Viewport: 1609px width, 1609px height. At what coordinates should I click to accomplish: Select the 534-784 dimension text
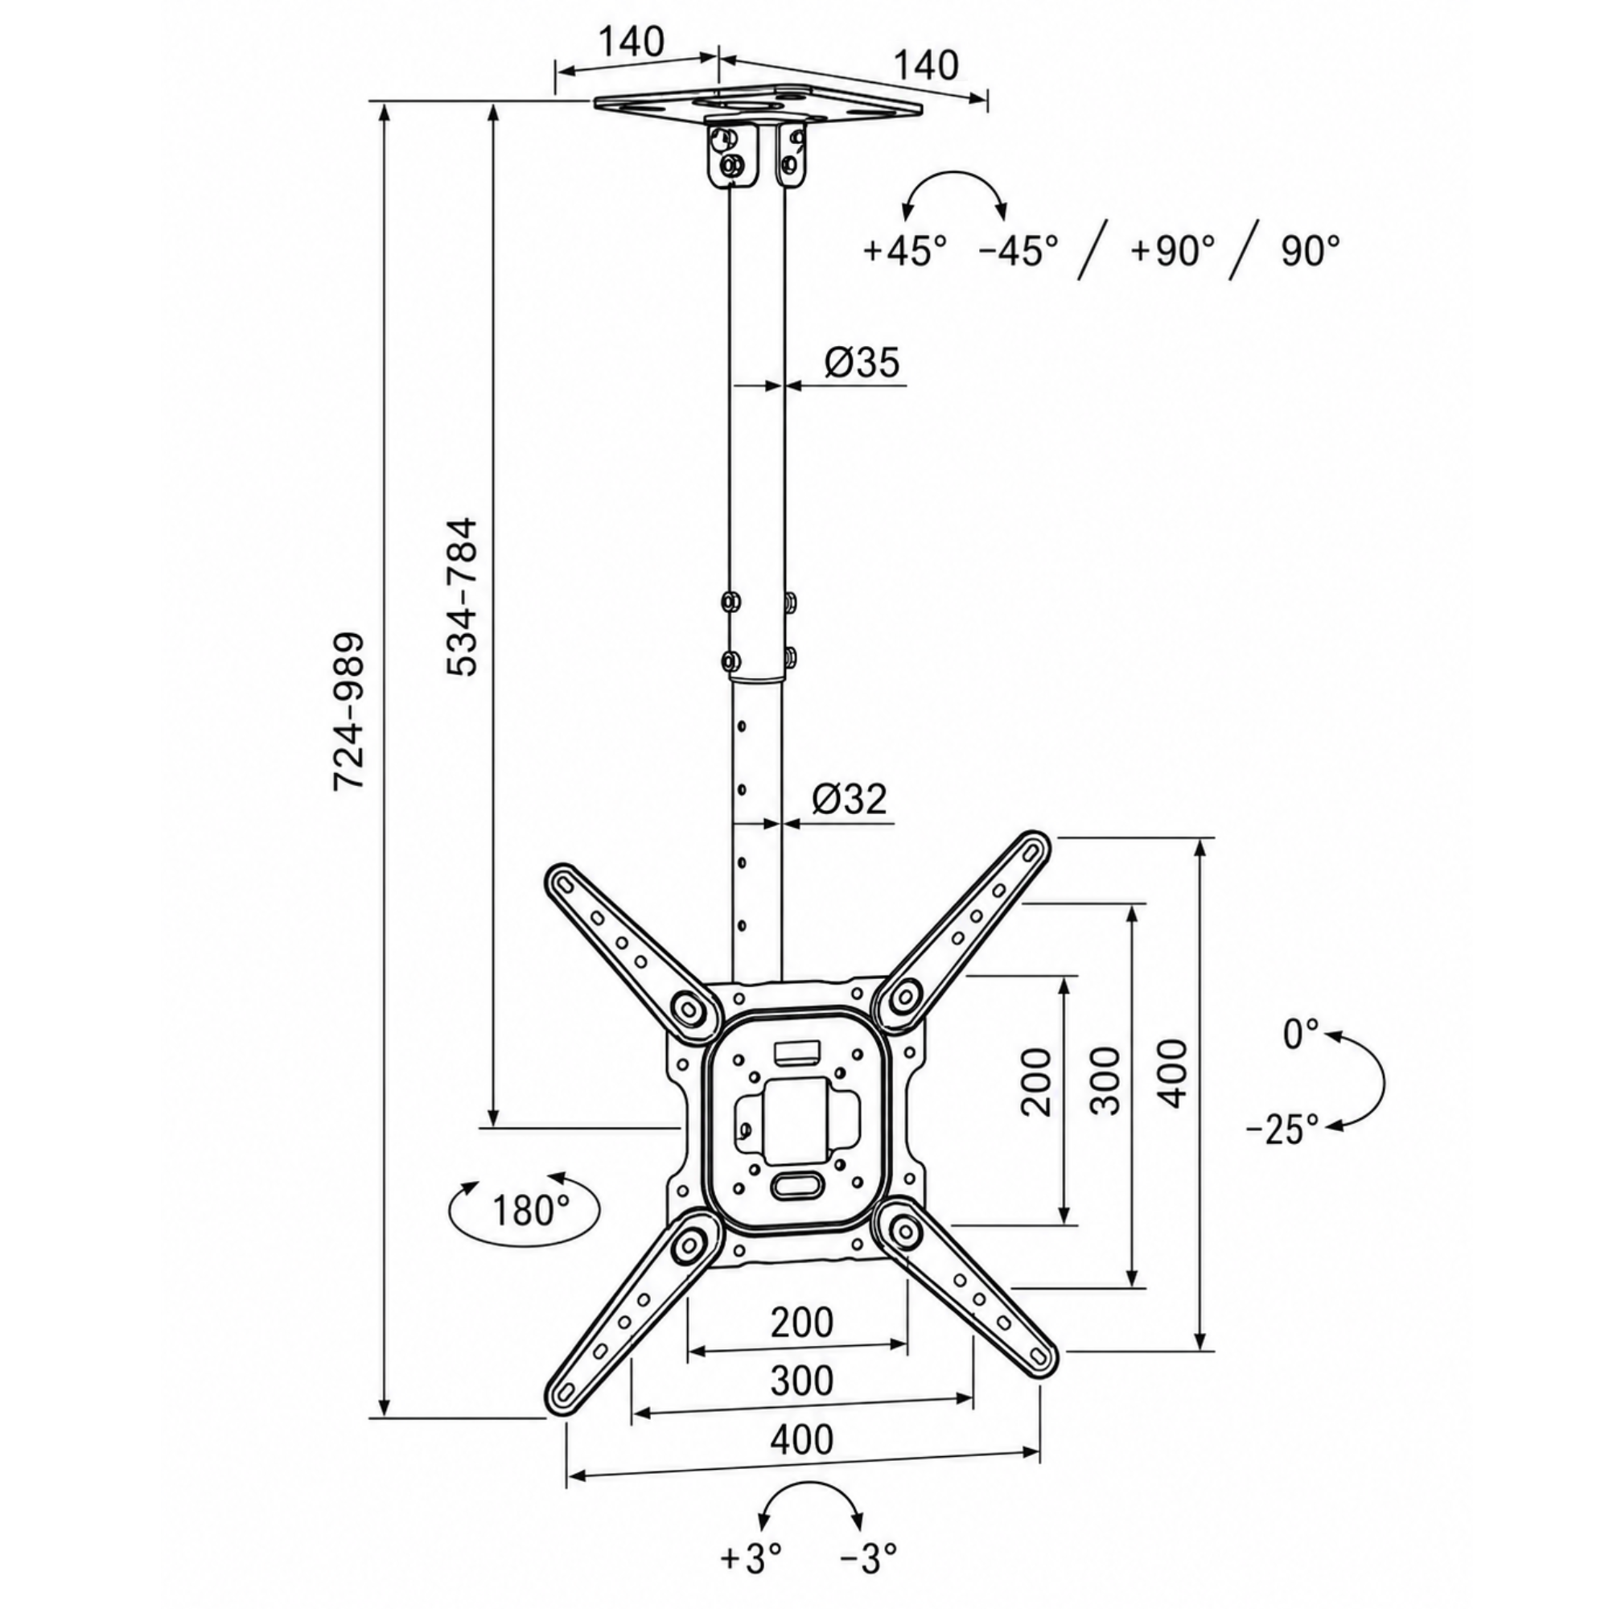pyautogui.click(x=463, y=596)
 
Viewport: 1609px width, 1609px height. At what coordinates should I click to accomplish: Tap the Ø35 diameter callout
pyautogui.click(x=862, y=362)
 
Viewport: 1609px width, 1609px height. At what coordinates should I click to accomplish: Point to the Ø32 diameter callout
pyautogui.click(x=850, y=799)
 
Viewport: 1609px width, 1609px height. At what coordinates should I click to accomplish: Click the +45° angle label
pyautogui.click(x=905, y=250)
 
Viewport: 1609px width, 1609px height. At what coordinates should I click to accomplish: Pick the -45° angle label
pyautogui.click(x=1018, y=250)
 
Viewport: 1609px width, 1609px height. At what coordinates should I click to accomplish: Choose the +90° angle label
pyautogui.click(x=1173, y=250)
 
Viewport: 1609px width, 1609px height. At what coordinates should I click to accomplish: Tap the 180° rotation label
pyautogui.click(x=530, y=1210)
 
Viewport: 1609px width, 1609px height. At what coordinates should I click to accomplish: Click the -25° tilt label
pyautogui.click(x=1282, y=1130)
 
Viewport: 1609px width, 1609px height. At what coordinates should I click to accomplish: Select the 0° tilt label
pyautogui.click(x=1302, y=1035)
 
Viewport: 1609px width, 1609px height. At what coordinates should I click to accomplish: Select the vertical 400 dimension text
pyautogui.click(x=1174, y=1072)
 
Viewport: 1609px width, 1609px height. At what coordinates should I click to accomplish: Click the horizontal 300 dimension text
pyautogui.click(x=802, y=1380)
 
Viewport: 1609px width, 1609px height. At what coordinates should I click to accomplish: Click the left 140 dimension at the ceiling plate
pyautogui.click(x=632, y=42)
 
